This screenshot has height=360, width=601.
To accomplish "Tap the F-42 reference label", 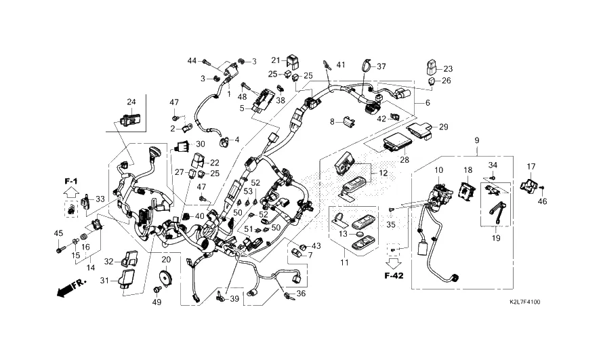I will click(394, 275).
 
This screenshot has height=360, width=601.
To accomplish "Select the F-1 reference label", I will click(72, 182).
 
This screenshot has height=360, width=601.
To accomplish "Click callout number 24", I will click(131, 102).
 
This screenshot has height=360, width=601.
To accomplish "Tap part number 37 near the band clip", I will click(381, 66).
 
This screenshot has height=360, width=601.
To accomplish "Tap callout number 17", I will click(531, 166).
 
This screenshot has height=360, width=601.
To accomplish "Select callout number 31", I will click(105, 281).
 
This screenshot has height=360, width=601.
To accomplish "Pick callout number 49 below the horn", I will click(157, 302).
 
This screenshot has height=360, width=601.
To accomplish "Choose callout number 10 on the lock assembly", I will click(438, 169).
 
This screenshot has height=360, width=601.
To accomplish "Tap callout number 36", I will click(302, 294).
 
